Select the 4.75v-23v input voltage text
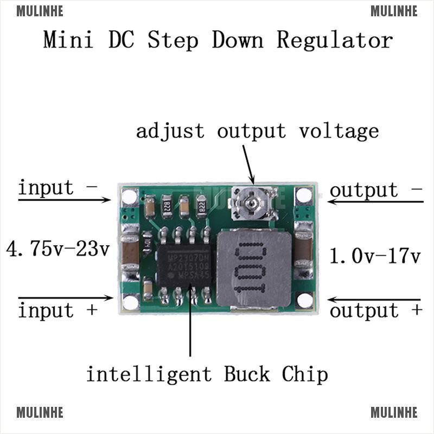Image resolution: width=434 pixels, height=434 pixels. pos(58,250)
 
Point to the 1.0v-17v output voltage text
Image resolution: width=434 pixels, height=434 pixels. pos(375,256)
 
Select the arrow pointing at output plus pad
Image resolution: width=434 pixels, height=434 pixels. pos(374,299)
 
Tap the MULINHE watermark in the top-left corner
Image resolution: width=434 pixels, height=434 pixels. pos(40,11)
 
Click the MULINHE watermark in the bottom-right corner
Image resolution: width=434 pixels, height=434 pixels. pos(394,413)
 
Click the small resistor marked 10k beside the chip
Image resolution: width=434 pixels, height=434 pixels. pos(146,244)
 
